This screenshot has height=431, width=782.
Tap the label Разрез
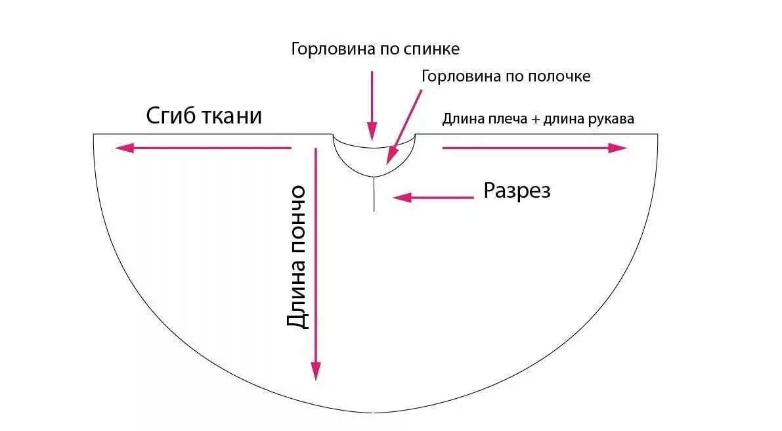tap(517, 191)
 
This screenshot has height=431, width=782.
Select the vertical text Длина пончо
tap(297, 257)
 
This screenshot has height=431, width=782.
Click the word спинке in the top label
tap(433, 50)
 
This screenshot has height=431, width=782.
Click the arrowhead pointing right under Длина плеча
tap(619, 148)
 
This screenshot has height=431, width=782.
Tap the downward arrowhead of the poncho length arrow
tap(316, 372)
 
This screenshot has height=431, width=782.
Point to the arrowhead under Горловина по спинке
tap(372, 133)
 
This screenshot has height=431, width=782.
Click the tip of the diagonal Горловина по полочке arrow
tap(389, 161)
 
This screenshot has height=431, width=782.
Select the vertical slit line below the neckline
tap(374, 194)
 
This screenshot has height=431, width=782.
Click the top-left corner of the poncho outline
tap(94, 134)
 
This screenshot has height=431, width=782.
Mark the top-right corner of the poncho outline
tap(657, 134)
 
